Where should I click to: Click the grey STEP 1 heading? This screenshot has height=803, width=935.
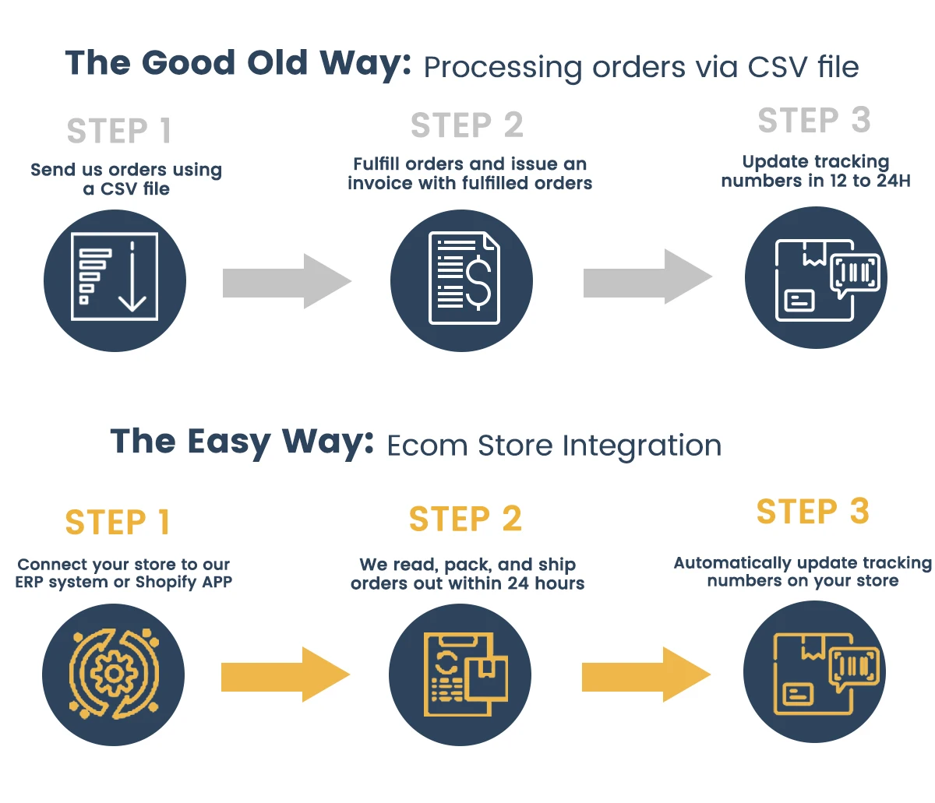[119, 131]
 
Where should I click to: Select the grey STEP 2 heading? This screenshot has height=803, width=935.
[467, 125]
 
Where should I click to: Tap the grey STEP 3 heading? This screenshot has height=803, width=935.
[813, 120]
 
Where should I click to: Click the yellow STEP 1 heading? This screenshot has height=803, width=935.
[118, 522]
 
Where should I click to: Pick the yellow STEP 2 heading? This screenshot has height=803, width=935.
[465, 518]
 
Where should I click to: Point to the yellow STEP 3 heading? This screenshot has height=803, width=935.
[813, 512]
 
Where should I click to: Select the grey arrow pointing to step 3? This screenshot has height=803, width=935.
[647, 276]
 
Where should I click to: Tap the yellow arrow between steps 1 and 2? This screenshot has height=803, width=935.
[285, 674]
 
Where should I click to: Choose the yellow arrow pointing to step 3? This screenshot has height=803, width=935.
[646, 674]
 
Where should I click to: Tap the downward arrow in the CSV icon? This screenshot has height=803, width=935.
[132, 276]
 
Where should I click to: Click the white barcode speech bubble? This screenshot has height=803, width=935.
[855, 274]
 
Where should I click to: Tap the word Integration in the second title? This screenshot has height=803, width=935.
[641, 446]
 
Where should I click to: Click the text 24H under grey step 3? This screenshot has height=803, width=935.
[894, 181]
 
